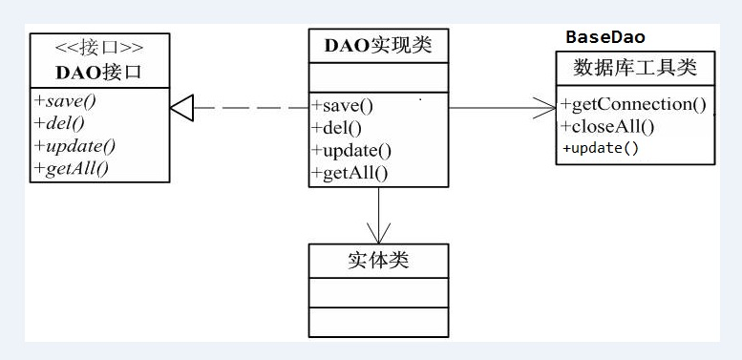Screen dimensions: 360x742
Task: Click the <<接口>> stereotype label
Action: click(x=100, y=47)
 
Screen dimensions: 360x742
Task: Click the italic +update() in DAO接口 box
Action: click(x=74, y=146)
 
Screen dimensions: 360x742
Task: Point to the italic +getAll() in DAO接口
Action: click(x=72, y=169)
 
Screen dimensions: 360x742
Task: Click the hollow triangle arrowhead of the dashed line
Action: click(x=182, y=108)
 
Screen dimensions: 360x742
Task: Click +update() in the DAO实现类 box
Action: click(x=351, y=150)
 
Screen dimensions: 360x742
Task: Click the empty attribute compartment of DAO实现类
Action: click(x=378, y=76)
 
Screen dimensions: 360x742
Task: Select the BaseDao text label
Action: click(x=605, y=37)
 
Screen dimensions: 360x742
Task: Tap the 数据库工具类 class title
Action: click(x=635, y=68)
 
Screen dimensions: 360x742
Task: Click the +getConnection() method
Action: click(x=634, y=104)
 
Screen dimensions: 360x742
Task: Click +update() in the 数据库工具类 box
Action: click(x=601, y=148)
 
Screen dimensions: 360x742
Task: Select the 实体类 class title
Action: click(x=378, y=259)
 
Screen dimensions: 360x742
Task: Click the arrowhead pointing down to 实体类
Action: click(x=379, y=235)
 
